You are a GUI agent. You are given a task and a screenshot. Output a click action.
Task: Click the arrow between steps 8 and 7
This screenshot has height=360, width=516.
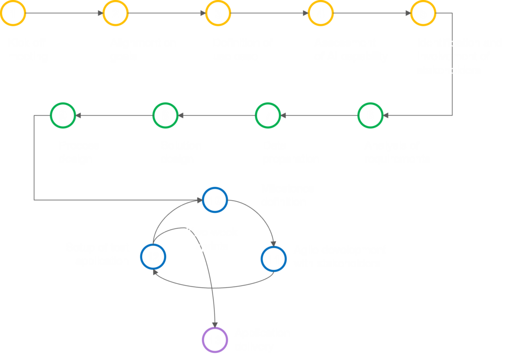coord(217,115)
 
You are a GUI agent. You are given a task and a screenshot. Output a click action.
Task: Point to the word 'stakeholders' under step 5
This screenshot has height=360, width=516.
coord(448,70)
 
